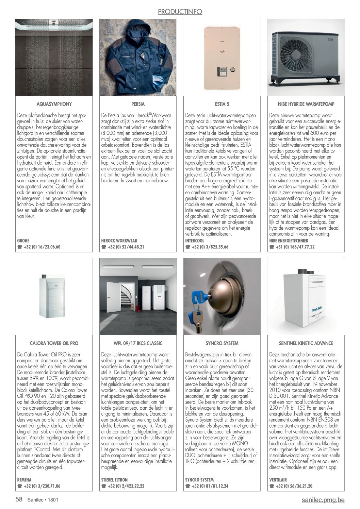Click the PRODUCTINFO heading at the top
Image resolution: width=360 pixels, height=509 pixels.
180,12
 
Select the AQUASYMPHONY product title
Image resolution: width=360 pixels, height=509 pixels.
54,104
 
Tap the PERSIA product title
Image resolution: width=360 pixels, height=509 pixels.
138,104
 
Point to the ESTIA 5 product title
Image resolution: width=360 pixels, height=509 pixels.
222,104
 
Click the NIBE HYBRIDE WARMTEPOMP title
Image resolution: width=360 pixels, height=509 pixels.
306,104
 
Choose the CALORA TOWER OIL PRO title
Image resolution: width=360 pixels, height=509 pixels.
54,343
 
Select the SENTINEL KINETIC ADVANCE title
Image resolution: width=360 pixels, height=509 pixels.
306,343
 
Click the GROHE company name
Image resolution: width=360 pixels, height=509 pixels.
23,241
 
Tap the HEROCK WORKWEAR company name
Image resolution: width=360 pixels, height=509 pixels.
119,241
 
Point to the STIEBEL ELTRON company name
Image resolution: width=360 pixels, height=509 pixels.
114,480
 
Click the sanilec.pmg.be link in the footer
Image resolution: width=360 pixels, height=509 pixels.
323,500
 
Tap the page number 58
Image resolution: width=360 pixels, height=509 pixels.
19,500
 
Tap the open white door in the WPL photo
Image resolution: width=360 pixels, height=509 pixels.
112,296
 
